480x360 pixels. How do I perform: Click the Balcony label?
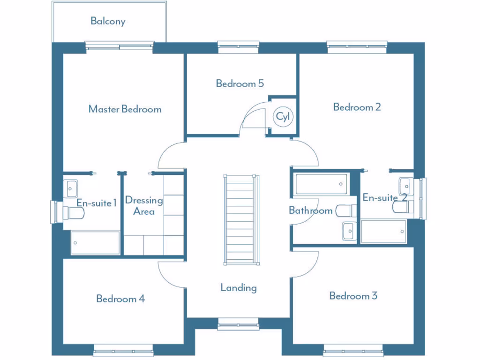pyautogui.click(x=108, y=21)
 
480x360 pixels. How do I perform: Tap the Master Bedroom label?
pyautogui.click(x=125, y=109)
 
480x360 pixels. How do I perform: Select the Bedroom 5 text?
pyautogui.click(x=240, y=83)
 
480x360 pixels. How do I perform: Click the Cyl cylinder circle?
pyautogui.click(x=283, y=117)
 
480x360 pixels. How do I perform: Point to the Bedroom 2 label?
pyautogui.click(x=357, y=107)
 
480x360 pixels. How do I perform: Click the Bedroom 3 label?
pyautogui.click(x=353, y=296)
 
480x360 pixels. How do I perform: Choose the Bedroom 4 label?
pyautogui.click(x=120, y=299)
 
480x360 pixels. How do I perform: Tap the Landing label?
pyautogui.click(x=239, y=287)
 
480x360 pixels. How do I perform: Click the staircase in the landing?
pyautogui.click(x=241, y=219)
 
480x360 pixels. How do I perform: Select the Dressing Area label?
pyautogui.click(x=144, y=206)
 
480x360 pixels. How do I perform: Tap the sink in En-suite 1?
pyautogui.click(x=72, y=188)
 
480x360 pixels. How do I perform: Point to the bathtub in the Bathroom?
pyautogui.click(x=322, y=184)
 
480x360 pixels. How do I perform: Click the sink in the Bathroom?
pyautogui.click(x=349, y=231)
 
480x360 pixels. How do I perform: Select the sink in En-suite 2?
pyautogui.click(x=405, y=186)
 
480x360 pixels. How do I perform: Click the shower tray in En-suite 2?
pyautogui.click(x=383, y=232)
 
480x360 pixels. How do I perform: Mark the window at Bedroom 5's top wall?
pyautogui.click(x=238, y=45)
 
